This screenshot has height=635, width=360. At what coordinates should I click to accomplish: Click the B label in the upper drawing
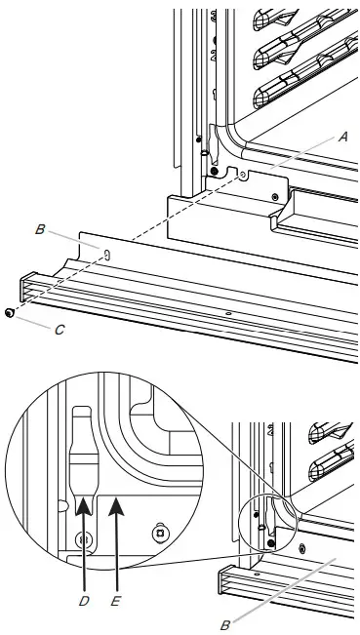pyautogui.click(x=40, y=230)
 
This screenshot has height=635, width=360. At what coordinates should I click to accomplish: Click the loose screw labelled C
pyautogui.click(x=9, y=313)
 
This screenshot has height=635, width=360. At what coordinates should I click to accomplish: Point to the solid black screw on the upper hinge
pyautogui.click(x=201, y=154)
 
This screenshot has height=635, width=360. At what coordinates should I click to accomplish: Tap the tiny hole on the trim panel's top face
pyautogui.click(x=227, y=314)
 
